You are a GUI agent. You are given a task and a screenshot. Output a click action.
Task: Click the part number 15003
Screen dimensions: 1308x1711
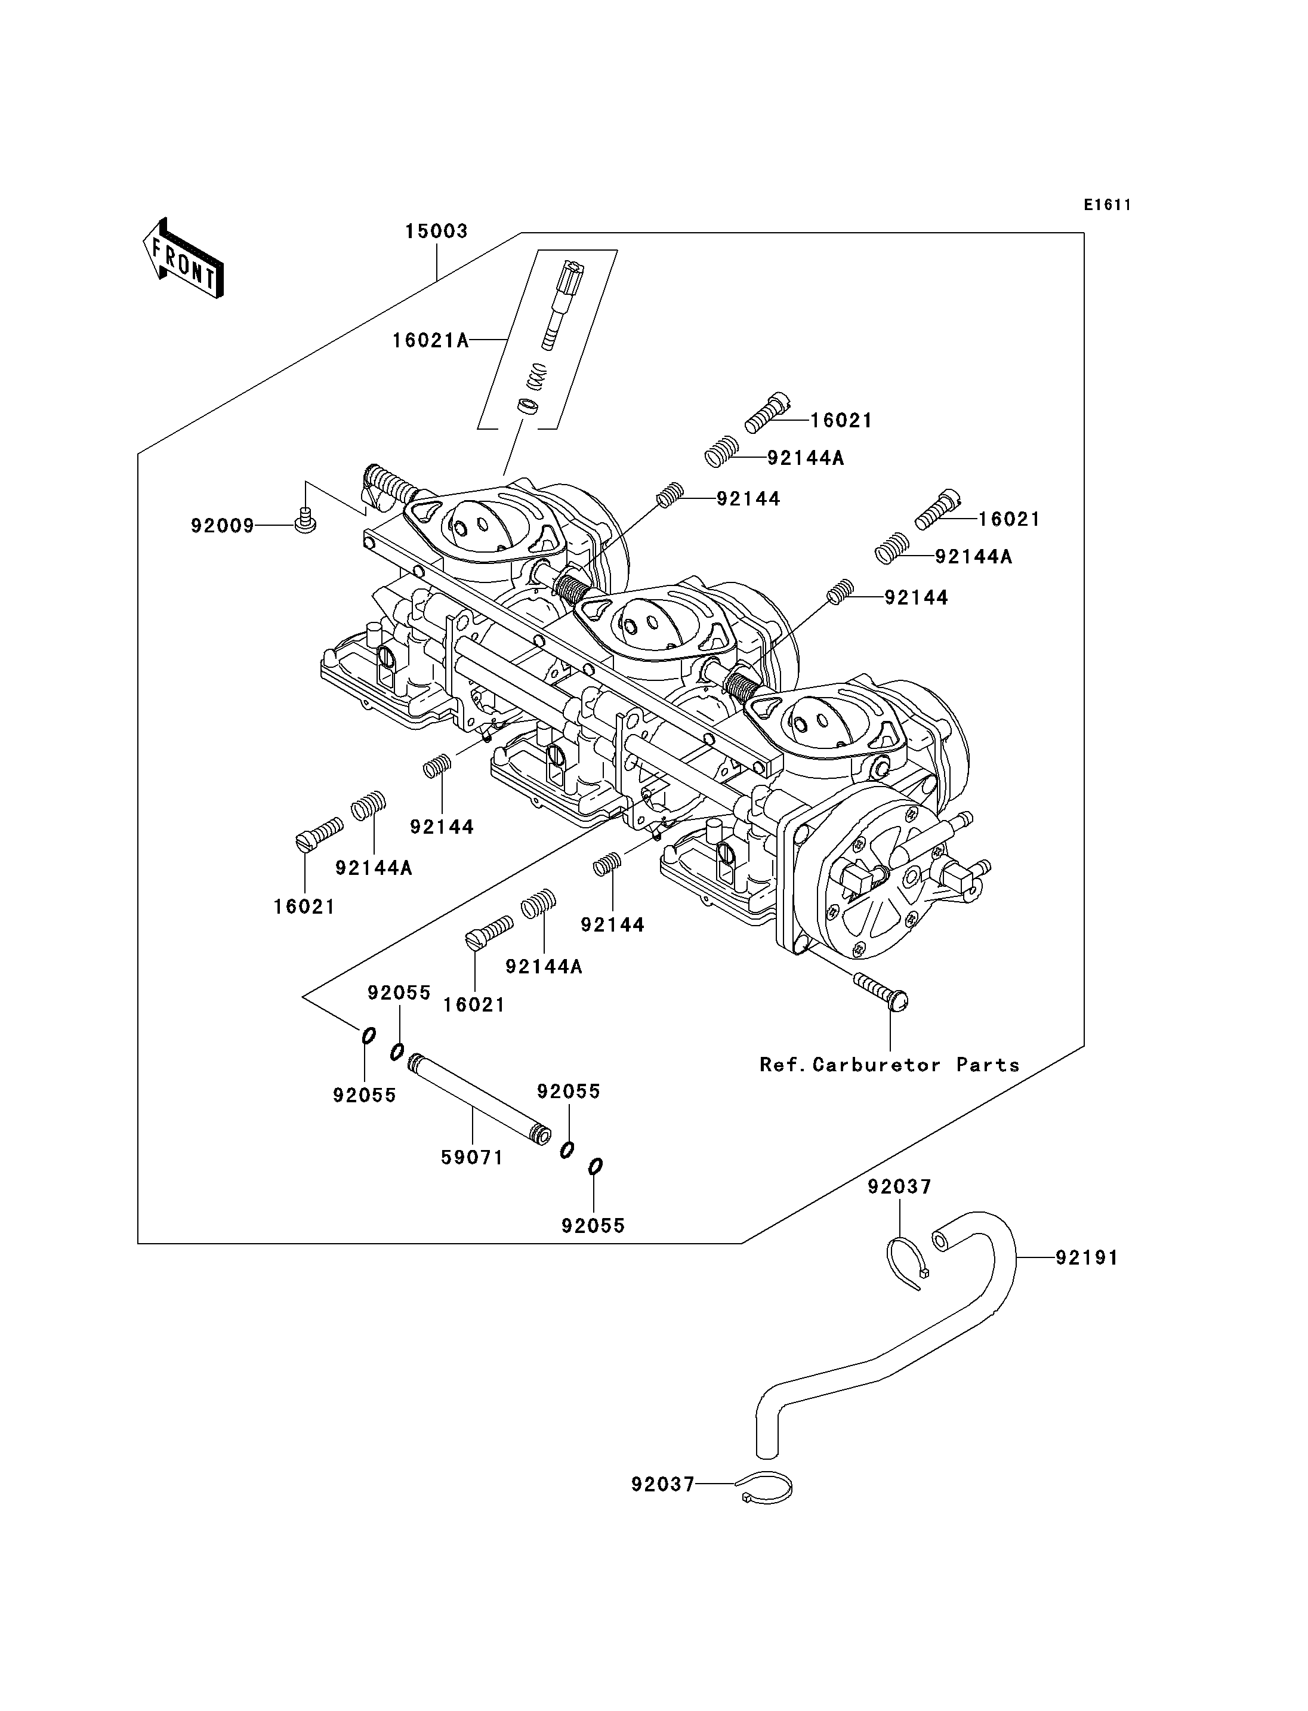pyautogui.click(x=436, y=232)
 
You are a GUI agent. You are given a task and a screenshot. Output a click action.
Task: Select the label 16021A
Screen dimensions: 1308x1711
pyautogui.click(x=431, y=340)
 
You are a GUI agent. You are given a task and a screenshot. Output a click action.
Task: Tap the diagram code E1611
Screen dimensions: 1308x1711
pyautogui.click(x=1107, y=205)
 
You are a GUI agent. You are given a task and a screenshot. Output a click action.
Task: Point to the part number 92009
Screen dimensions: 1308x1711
pyautogui.click(x=223, y=526)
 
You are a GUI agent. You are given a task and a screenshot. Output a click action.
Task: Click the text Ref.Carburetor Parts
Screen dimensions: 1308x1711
pyautogui.click(x=889, y=1065)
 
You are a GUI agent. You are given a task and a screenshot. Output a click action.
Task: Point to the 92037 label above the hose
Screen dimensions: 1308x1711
pyautogui.click(x=900, y=1187)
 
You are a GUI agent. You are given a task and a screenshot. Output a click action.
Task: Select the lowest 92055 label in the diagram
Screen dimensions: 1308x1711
pyautogui.click(x=593, y=1226)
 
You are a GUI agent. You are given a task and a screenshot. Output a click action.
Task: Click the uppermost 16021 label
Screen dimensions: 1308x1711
pyautogui.click(x=841, y=421)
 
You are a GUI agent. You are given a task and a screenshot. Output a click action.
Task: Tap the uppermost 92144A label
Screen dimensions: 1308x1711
pyautogui.click(x=806, y=458)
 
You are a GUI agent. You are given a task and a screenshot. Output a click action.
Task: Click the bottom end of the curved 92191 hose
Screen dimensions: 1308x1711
pyautogui.click(x=767, y=1455)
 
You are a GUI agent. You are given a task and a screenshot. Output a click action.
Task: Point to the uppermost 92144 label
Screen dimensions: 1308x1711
pyautogui.click(x=748, y=498)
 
